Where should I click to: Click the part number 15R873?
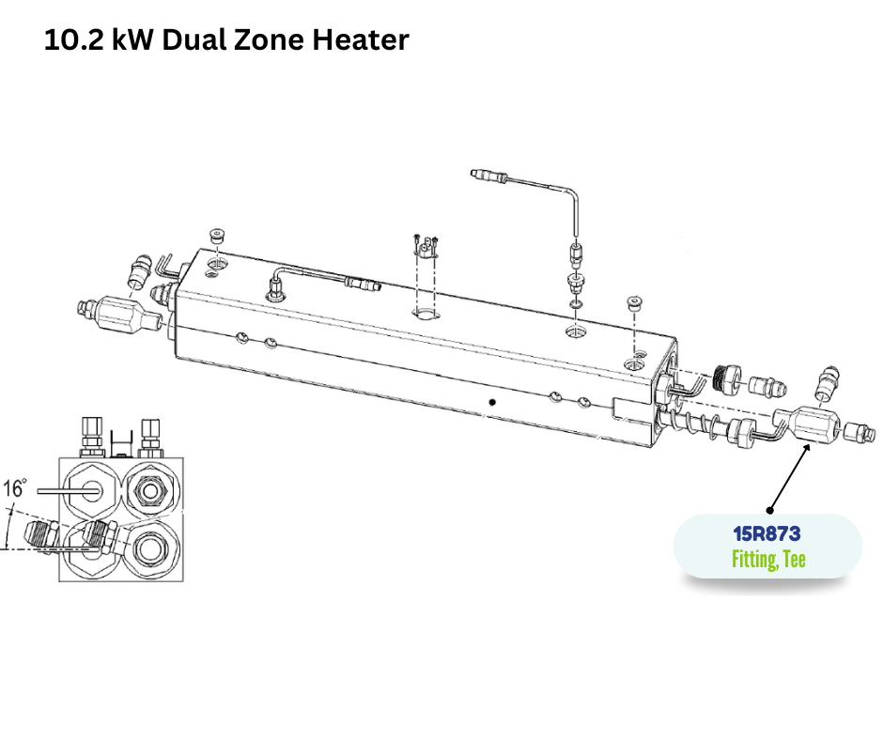[x=767, y=533]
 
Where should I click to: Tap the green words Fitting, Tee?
[x=768, y=559]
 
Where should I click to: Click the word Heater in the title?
[x=361, y=39]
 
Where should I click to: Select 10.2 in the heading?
[x=74, y=39]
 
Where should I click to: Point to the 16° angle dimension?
[x=14, y=488]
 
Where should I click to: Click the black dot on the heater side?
[x=492, y=402]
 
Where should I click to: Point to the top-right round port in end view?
[x=150, y=491]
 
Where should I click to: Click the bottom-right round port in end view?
[x=150, y=547]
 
